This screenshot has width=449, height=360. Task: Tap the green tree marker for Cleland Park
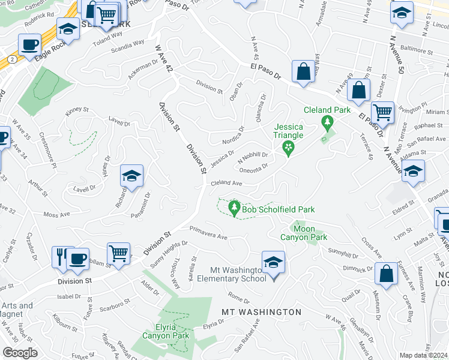pyautogui.click(x=327, y=124)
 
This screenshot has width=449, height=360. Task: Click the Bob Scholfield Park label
pyautogui.click(x=279, y=209)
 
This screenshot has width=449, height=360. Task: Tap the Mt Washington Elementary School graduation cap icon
pyautogui.click(x=273, y=263)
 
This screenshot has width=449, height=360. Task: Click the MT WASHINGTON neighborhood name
pyautogui.click(x=262, y=312)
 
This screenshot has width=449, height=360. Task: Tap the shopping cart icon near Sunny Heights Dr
pyautogui.click(x=118, y=253)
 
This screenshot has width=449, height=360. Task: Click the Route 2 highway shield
pyautogui.click(x=11, y=60)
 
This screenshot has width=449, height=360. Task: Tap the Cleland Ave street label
pyautogui.click(x=226, y=183)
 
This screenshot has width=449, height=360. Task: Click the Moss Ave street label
pyautogui.click(x=56, y=214)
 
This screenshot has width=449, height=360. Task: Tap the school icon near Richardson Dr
pyautogui.click(x=132, y=176)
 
